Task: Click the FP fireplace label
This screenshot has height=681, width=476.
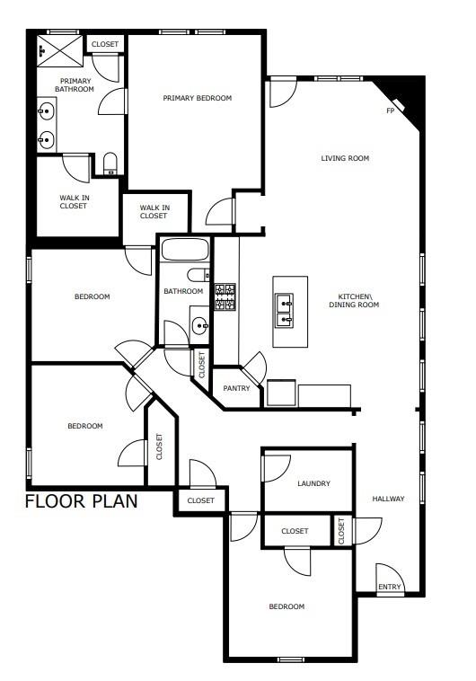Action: click(x=390, y=111)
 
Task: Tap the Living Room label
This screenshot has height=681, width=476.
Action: click(x=346, y=159)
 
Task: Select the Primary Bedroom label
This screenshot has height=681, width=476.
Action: click(x=198, y=98)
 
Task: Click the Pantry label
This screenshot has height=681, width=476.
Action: click(x=236, y=389)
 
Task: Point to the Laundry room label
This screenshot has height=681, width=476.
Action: click(x=313, y=483)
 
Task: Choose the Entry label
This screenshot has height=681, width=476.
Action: click(x=390, y=587)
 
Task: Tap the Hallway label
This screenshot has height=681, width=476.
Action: click(x=389, y=499)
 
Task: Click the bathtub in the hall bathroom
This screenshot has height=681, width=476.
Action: click(x=185, y=250)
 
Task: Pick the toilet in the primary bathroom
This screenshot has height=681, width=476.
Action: click(x=110, y=164)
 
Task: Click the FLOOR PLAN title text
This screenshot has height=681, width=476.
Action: click(x=81, y=501)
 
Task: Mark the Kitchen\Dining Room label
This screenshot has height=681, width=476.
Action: click(x=358, y=301)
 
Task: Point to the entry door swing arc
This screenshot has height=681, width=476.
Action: click(x=390, y=575)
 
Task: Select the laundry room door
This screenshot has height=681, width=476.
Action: click(x=277, y=467)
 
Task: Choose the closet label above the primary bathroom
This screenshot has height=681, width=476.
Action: click(x=105, y=43)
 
